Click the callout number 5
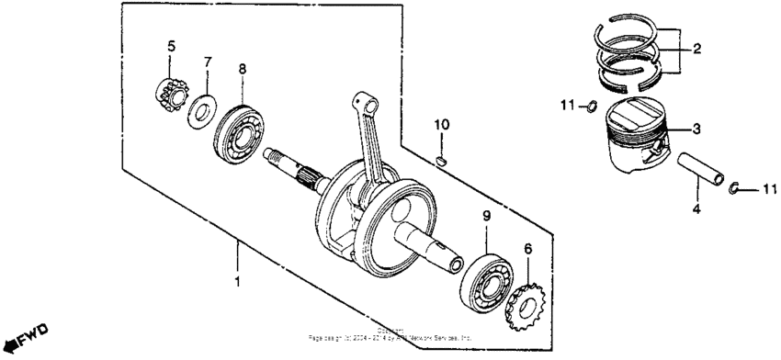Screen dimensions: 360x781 [170, 46]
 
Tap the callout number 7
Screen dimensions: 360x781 [208, 62]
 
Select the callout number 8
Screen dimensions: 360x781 [243, 69]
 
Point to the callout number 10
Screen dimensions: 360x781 [441, 124]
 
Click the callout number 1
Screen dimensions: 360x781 [237, 281]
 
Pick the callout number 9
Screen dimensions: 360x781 [488, 216]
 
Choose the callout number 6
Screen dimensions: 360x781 [527, 249]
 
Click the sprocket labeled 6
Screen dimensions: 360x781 [527, 308]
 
